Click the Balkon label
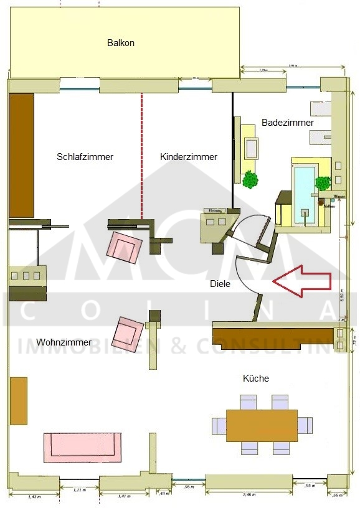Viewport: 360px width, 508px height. coord(121,43)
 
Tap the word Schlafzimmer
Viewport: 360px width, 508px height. coord(85,157)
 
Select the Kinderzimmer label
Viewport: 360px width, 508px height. coord(188,157)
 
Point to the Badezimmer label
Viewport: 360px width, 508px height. coord(287,123)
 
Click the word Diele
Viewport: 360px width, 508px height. coord(220,283)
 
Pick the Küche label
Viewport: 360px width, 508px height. coord(256,379)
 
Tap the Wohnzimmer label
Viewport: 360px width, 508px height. coord(64,342)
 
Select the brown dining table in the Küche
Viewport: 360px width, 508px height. coord(262,425)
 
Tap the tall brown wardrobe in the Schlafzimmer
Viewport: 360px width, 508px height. coord(22,155)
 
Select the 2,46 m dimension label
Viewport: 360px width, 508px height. coord(248,494)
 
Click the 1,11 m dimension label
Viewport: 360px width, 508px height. coord(78,491)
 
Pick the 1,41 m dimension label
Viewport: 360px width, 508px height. coord(123,496)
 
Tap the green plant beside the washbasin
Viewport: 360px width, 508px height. coord(250,179)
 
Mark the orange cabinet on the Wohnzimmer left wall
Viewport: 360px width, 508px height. coord(18,400)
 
